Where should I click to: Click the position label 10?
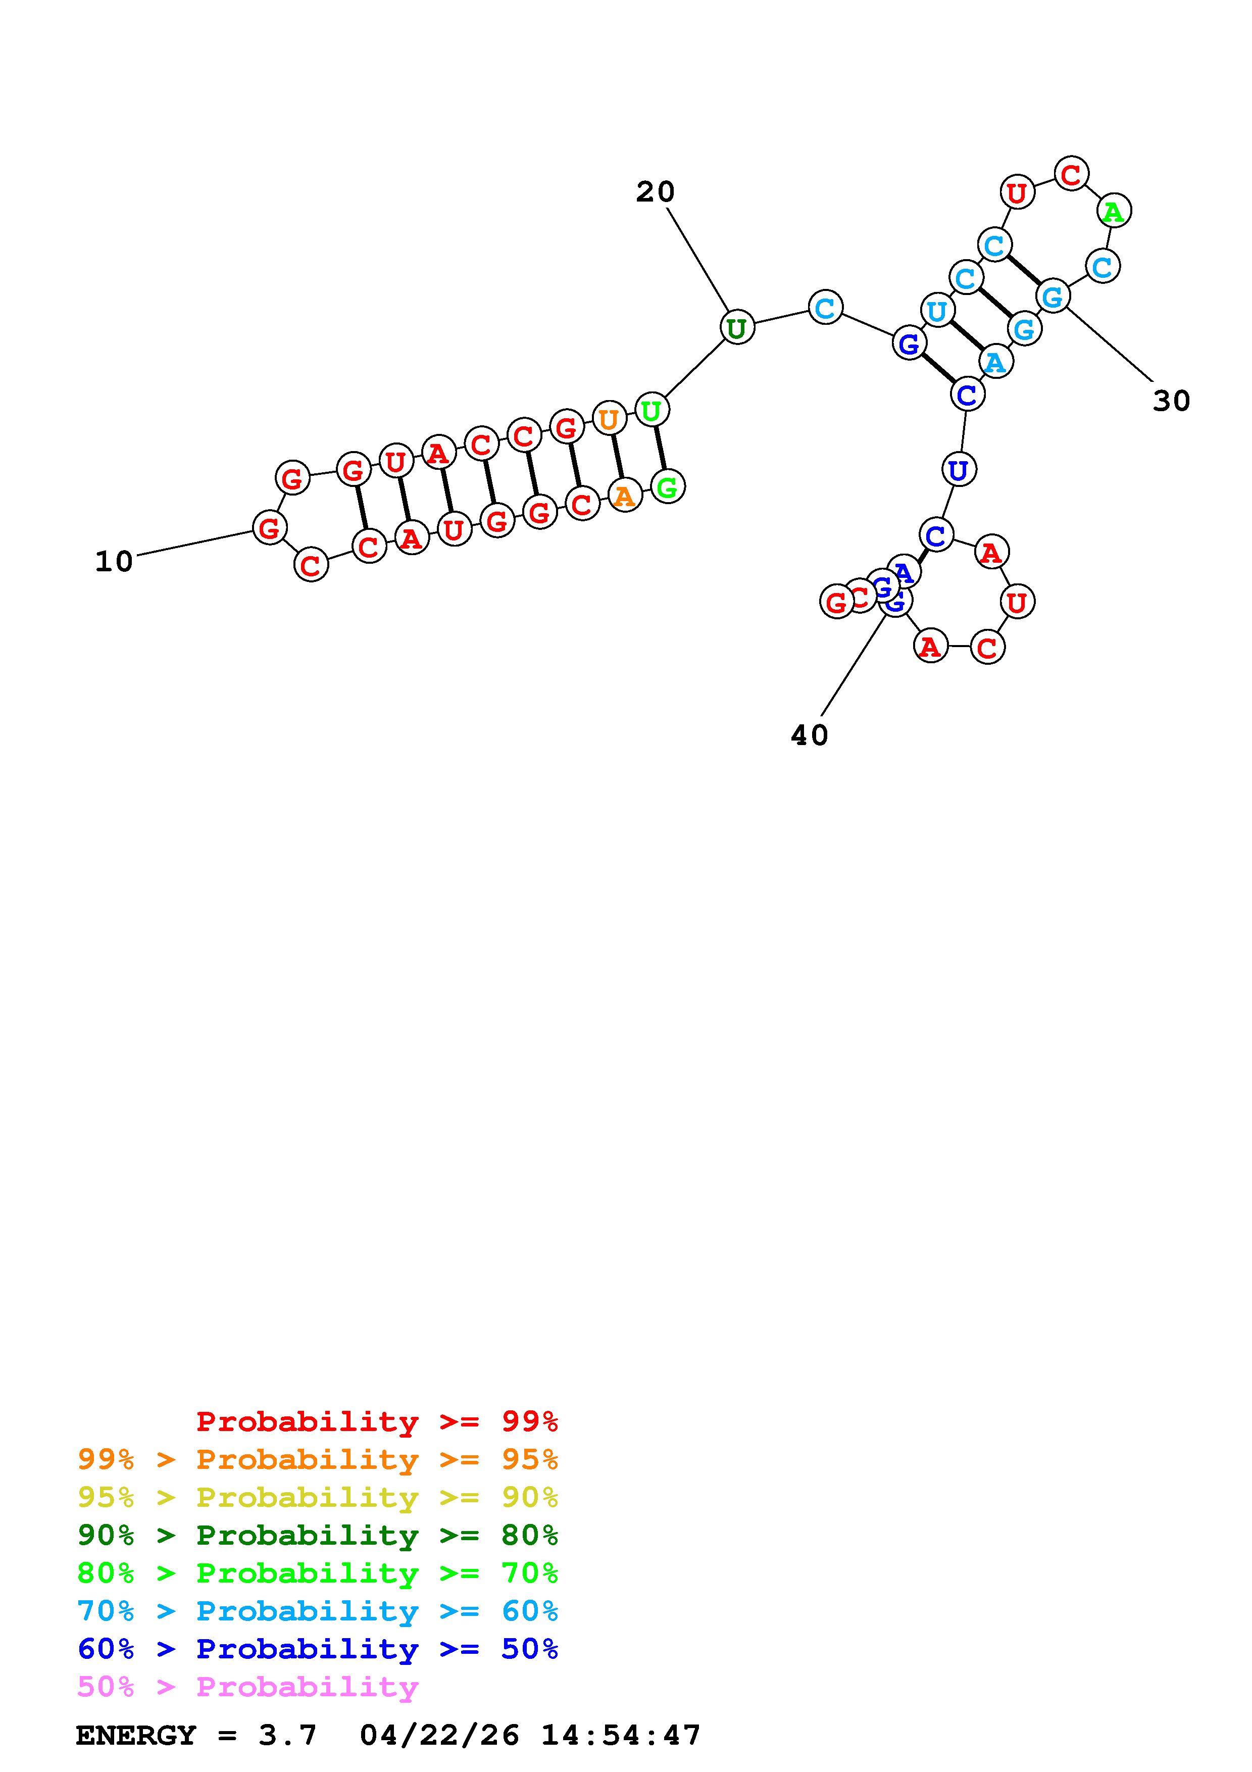point(114,562)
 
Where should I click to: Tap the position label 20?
point(655,191)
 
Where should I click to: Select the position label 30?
point(1171,401)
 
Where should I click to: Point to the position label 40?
point(809,735)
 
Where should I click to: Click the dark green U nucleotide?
point(737,328)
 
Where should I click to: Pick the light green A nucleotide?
point(1113,211)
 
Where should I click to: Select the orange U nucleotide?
point(609,419)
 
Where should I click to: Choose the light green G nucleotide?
point(667,487)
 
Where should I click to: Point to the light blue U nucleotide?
point(936,311)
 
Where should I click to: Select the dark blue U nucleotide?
point(958,469)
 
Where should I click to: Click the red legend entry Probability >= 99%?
point(376,1421)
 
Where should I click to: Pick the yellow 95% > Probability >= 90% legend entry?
point(318,1497)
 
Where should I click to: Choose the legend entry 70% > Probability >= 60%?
point(318,1611)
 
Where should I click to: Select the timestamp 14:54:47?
point(621,1736)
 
